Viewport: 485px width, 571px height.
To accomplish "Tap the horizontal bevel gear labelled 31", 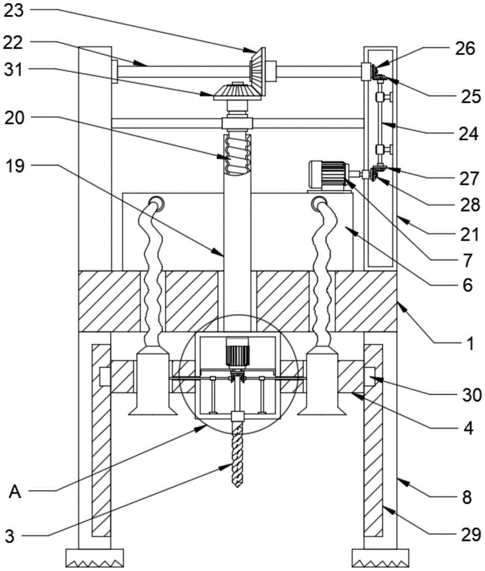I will (x=235, y=92).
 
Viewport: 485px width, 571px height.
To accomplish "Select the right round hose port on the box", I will (x=317, y=202).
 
